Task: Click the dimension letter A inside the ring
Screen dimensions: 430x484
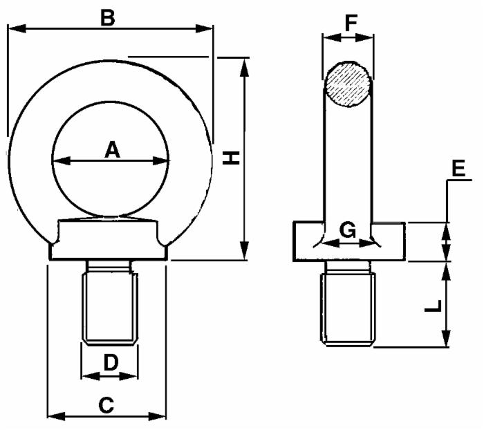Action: click(x=111, y=149)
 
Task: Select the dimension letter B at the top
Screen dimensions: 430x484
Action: click(x=107, y=17)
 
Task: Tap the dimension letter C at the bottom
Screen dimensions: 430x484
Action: click(x=106, y=405)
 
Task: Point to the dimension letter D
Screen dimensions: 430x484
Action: click(x=109, y=362)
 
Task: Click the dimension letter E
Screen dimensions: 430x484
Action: click(x=457, y=168)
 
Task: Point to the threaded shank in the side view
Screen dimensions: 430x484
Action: click(x=348, y=308)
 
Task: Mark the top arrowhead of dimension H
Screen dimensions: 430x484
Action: click(x=244, y=64)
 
